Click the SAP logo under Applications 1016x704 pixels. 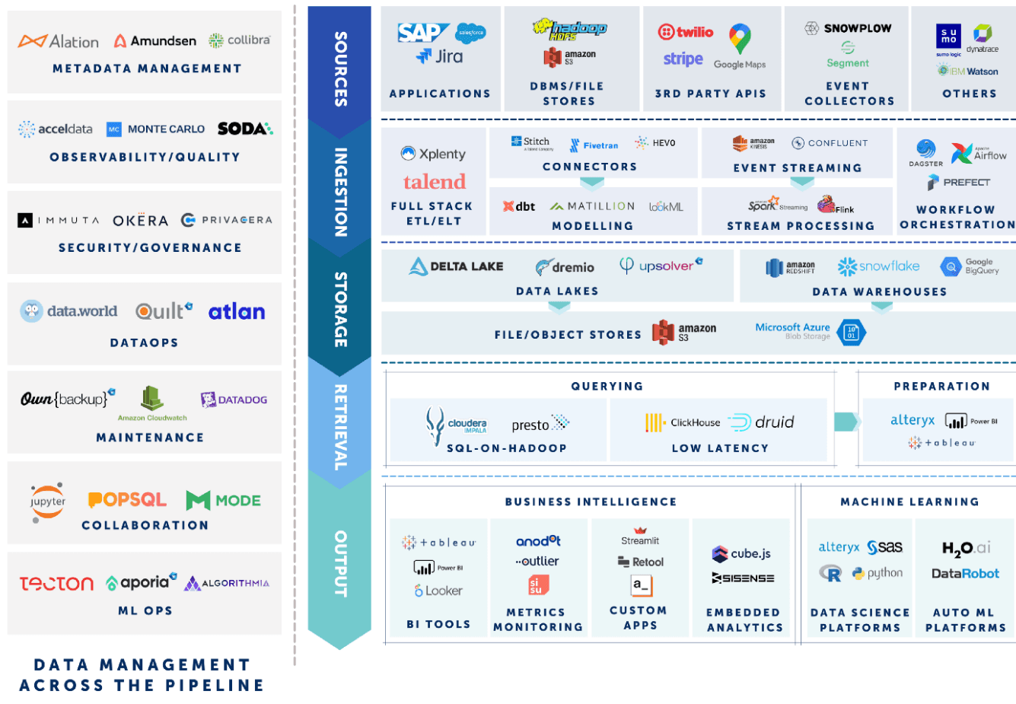coord(422,33)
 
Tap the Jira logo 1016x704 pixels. coord(440,56)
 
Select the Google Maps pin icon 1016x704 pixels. coord(740,38)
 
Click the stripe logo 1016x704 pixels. coord(683,59)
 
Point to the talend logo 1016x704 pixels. coord(434,182)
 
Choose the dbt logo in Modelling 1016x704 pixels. coord(519,206)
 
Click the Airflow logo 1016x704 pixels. coord(979,154)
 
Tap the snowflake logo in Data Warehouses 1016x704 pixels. coord(879,266)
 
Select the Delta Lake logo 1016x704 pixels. coord(456,266)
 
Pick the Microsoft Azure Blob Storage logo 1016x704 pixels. coord(810,331)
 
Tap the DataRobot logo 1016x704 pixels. coord(965,573)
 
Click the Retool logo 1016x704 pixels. coord(641,562)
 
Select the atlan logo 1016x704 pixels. coord(237,311)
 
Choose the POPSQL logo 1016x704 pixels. coord(127,500)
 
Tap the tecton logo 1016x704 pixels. coord(56,584)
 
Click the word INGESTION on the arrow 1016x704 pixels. coord(340,192)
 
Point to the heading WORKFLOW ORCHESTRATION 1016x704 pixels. coord(957,217)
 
